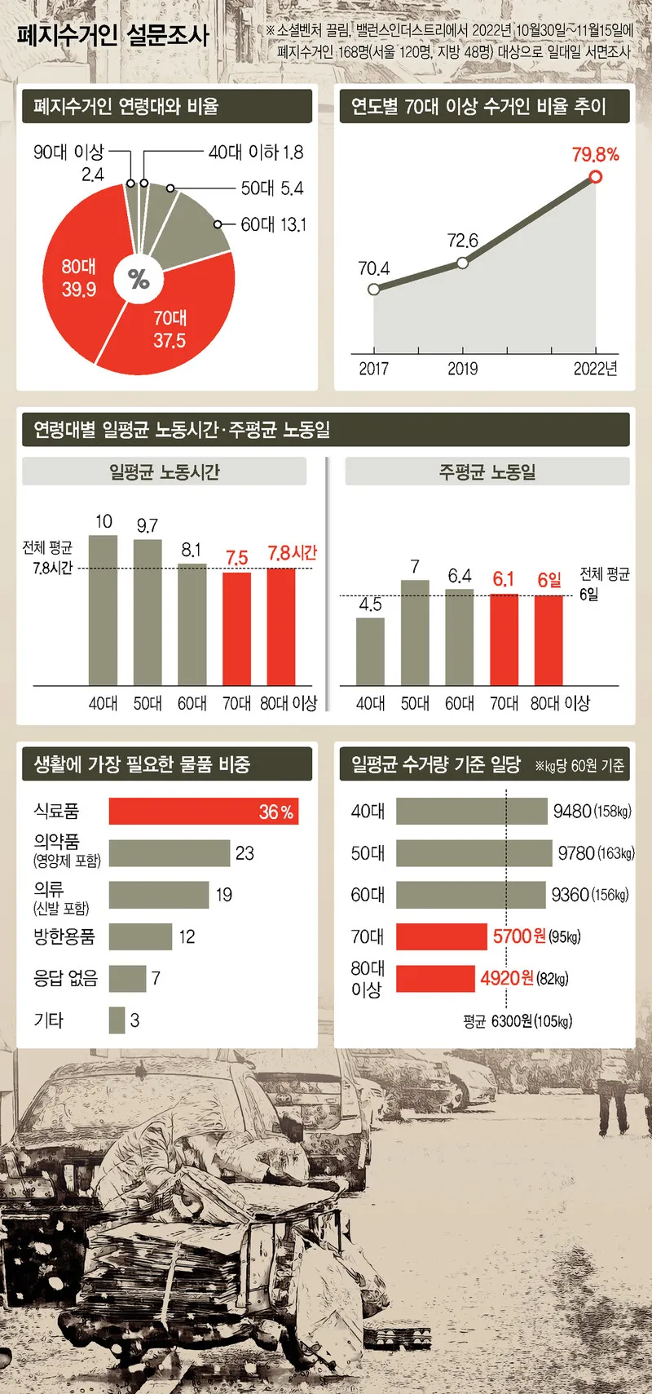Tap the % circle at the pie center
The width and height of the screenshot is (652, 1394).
click(139, 279)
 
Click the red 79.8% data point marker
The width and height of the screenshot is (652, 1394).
click(596, 176)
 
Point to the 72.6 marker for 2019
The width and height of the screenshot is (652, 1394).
click(462, 263)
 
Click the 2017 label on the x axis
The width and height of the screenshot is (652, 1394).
click(373, 369)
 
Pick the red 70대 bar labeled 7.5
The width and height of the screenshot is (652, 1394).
click(236, 628)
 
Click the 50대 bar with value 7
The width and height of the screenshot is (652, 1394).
click(415, 632)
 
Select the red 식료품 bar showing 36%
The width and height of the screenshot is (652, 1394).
click(203, 812)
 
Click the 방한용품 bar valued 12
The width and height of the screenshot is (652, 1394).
click(140, 936)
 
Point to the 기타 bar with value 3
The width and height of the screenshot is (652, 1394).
click(117, 1020)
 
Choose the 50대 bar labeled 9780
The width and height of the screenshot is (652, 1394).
click(474, 853)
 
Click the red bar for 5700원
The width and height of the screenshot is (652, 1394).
click(441, 936)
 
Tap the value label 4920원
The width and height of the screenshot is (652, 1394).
click(507, 978)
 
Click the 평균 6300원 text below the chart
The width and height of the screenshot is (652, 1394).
click(517, 1021)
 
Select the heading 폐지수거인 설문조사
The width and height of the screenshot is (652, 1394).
click(112, 35)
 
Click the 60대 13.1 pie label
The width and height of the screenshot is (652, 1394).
click(273, 224)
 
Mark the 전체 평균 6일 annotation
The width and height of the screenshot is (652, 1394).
click(604, 584)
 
